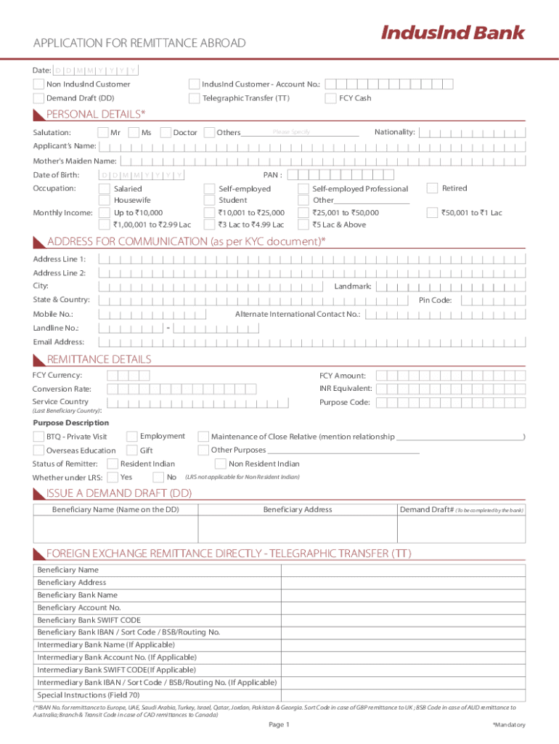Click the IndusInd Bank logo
point(452,33)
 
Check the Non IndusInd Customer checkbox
point(38,84)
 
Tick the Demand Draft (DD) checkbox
point(38,98)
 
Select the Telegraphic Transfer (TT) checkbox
point(194,98)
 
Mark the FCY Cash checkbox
point(330,98)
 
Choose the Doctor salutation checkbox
point(165,132)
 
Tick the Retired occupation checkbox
point(432,188)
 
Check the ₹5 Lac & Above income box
point(303,225)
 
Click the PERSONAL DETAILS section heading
point(95,114)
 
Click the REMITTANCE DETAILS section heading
point(99,360)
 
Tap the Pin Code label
point(435,300)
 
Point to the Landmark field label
point(353,286)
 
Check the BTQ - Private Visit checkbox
point(38,437)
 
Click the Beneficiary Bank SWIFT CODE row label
point(89,620)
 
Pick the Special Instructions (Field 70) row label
point(88,695)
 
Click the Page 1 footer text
point(279,724)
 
